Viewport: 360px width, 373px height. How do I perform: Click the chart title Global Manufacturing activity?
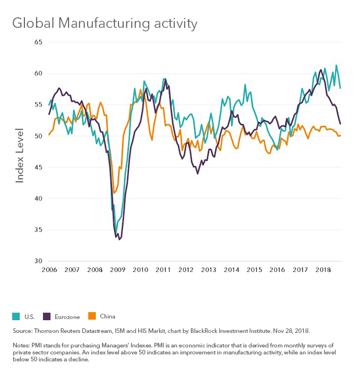(105, 24)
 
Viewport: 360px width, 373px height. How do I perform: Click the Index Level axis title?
(20, 154)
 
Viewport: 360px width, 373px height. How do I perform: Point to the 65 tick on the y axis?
(39, 42)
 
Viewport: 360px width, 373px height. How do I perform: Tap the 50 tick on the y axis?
(39, 136)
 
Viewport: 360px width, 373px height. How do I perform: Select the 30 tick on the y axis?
(39, 261)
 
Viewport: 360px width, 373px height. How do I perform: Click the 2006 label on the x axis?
(49, 270)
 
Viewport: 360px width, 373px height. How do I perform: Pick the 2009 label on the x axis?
(117, 270)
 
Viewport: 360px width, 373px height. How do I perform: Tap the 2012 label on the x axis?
(186, 270)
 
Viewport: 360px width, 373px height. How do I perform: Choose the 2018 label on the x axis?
(323, 270)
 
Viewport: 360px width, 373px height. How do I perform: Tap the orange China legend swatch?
(91, 316)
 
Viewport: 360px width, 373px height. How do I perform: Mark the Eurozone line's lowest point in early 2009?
(119, 239)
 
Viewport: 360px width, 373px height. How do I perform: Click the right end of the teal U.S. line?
(340, 88)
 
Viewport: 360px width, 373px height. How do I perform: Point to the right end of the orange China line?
(340, 135)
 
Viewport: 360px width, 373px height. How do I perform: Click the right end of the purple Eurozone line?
(340, 124)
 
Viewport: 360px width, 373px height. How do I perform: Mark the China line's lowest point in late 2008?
(114, 193)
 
